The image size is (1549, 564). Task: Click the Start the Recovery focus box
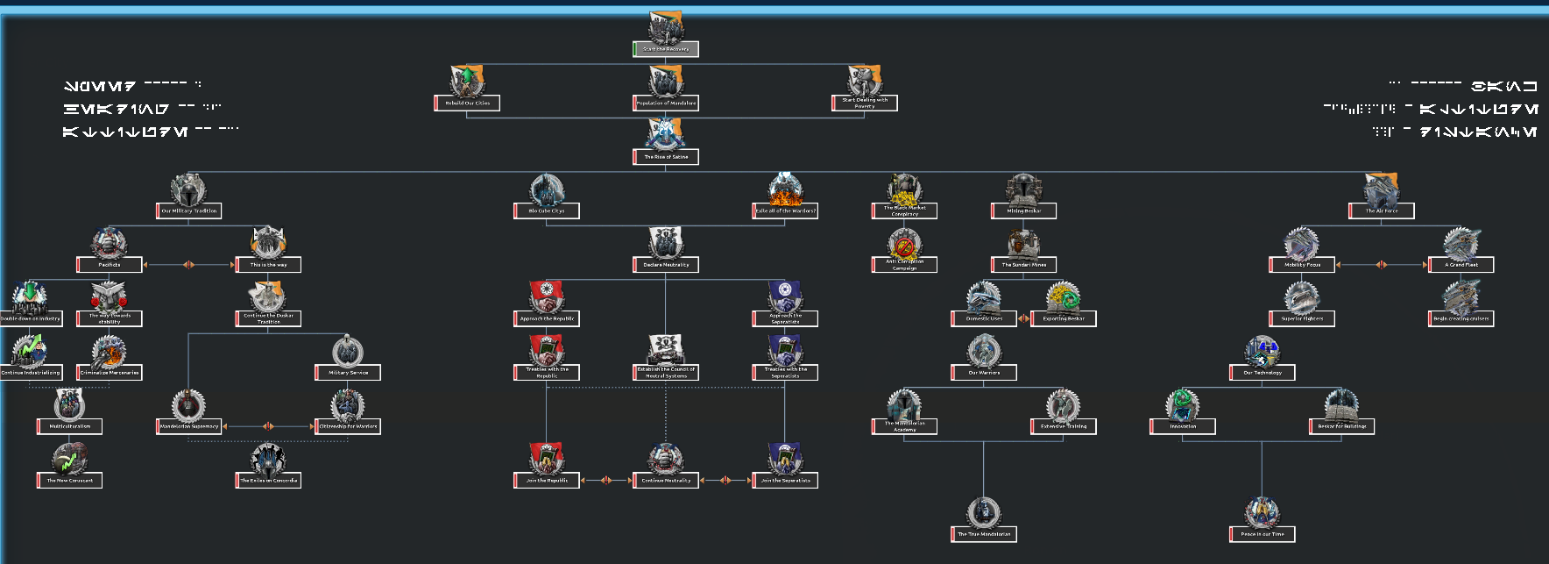click(x=666, y=49)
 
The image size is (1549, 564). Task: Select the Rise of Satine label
click(x=666, y=157)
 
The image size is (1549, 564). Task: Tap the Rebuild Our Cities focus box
click(x=467, y=104)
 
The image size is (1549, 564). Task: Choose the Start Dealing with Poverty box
click(x=865, y=104)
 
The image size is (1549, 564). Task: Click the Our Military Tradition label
click(x=189, y=211)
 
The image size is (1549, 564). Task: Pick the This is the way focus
click(x=268, y=264)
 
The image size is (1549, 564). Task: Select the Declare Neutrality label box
click(x=666, y=265)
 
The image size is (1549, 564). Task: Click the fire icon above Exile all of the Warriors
click(x=785, y=189)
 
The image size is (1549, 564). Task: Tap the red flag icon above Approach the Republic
click(x=547, y=296)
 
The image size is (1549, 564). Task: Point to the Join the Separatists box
click(x=785, y=481)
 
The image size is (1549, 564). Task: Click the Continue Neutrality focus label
click(x=666, y=481)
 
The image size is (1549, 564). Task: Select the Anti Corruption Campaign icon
click(x=903, y=244)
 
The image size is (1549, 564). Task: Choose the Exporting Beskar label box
click(x=1064, y=319)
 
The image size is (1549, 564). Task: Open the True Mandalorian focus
click(x=984, y=534)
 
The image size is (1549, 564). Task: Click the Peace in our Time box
click(x=1263, y=534)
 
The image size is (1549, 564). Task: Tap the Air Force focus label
click(x=1382, y=211)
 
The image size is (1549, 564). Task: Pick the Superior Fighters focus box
click(x=1302, y=319)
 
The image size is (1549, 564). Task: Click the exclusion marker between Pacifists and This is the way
click(x=188, y=264)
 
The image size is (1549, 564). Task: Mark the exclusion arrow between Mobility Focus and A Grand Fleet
click(x=1381, y=264)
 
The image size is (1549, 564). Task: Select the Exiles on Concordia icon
click(x=268, y=459)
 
